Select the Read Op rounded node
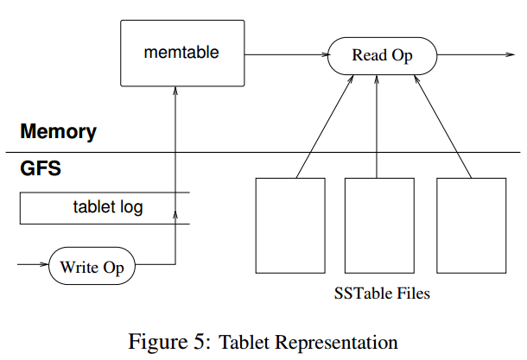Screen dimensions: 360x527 click(x=382, y=56)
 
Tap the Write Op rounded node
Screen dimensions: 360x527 click(x=92, y=267)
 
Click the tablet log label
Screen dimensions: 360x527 click(x=108, y=207)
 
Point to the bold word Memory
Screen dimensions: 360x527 click(x=58, y=132)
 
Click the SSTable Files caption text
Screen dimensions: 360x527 click(x=382, y=294)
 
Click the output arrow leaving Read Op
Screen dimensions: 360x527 click(x=471, y=56)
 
